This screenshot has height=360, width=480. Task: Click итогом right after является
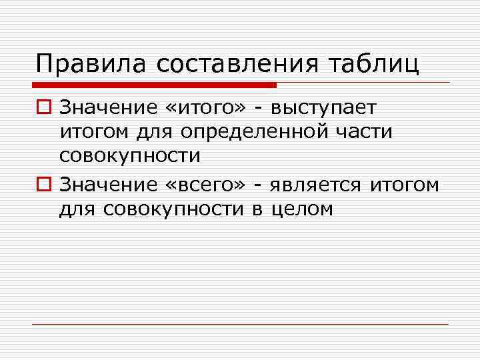pos(405,183)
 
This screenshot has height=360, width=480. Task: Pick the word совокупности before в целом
pos(175,209)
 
